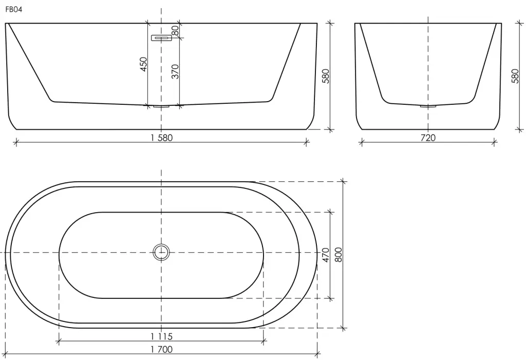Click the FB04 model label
pos(14,10)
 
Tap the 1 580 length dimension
pos(162,138)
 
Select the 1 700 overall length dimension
pos(162,349)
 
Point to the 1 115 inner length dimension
pos(162,336)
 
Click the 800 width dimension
pos(339,255)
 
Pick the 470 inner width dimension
pos(326,255)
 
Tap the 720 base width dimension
pos(428,138)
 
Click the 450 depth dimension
pos(143,64)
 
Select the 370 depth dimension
pos(175,71)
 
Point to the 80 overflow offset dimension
pos(175,30)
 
